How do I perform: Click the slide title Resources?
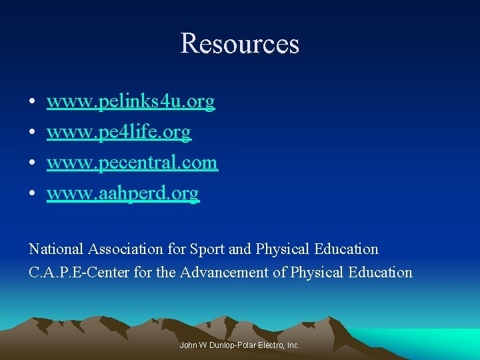[x=240, y=44]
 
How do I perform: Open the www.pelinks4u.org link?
[x=131, y=102]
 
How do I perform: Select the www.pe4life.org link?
[x=119, y=133]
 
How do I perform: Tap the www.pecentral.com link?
[x=132, y=163]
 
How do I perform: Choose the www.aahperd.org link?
[x=123, y=194]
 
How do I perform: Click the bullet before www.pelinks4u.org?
[x=33, y=103]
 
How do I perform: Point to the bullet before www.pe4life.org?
[x=33, y=133]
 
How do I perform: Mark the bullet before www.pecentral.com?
[x=33, y=164]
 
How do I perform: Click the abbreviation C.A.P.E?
[x=51, y=272]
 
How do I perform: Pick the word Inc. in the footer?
[x=293, y=345]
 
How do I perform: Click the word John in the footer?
[x=188, y=345]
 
